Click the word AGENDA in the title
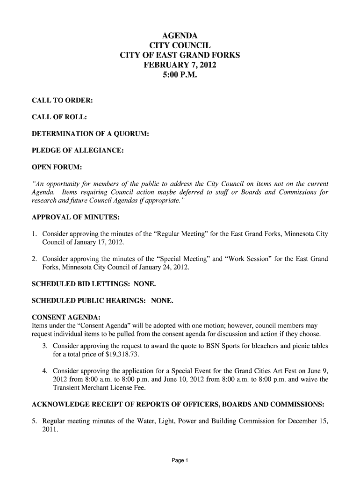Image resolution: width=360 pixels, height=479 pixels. [180, 36]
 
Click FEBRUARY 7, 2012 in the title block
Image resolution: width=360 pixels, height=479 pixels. [180, 65]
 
